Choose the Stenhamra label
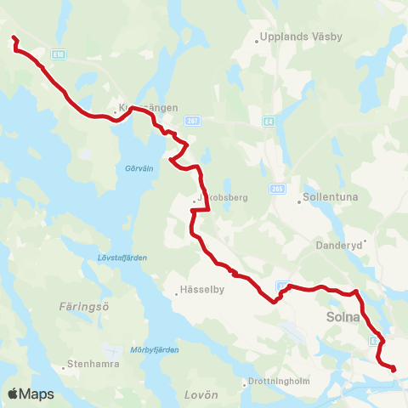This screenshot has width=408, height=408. point(94,364)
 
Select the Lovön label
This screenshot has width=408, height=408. point(201,395)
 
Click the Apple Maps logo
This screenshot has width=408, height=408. point(30,394)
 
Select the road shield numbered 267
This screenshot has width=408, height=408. point(193,120)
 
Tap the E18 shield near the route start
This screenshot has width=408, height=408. point(57,53)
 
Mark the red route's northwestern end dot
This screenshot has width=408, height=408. point(14,38)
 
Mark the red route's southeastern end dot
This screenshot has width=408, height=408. point(394,368)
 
